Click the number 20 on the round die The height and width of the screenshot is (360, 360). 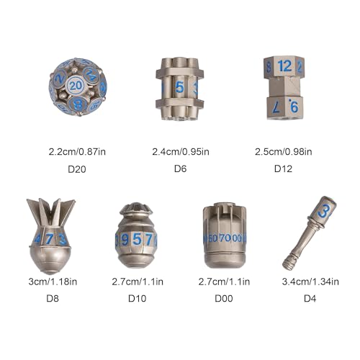tap(76, 86)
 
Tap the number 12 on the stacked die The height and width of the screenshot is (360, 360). tap(284, 66)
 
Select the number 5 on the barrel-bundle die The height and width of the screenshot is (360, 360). tap(179, 87)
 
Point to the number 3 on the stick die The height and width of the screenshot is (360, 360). tap(324, 212)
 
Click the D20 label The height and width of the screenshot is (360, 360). tap(77, 169)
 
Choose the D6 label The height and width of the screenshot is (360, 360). tap(180, 168)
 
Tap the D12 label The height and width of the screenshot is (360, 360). tap(283, 168)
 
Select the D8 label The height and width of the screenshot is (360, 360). tap(53, 298)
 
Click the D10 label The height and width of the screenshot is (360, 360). tap(138, 298)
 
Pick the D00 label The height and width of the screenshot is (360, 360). tap(224, 298)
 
